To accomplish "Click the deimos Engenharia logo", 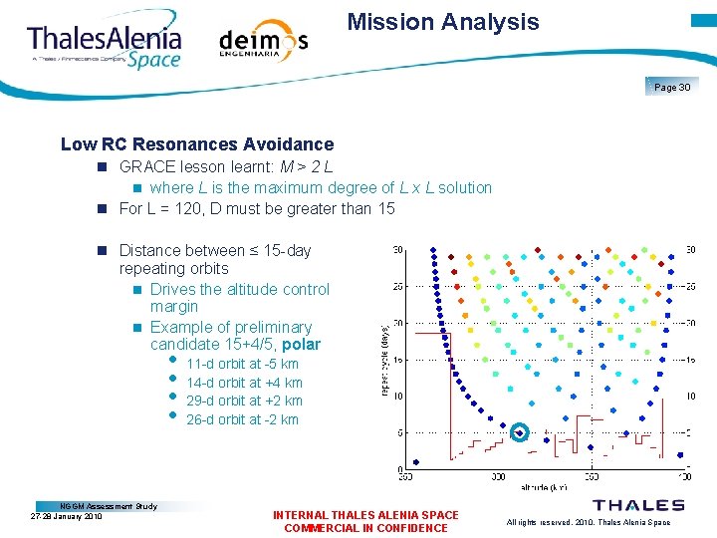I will pos(263,41).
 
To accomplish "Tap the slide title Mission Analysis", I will pos(443,22).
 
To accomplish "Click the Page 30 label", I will pos(672,88).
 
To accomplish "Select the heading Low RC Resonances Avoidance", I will pos(197,144).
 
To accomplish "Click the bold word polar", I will pos(302,345).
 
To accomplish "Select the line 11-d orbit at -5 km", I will pos(242,364).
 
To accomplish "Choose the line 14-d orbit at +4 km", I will pos(244,383).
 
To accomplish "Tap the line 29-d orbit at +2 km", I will pos(244,401).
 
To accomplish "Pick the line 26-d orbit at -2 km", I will pos(242,419).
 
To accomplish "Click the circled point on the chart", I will pos(519,432).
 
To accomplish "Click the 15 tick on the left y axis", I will pos(398,360).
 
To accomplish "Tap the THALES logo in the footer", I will pos(638,506).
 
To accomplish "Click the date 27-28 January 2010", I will pos(67,516).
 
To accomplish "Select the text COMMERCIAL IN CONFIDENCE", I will pos(365,528).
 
